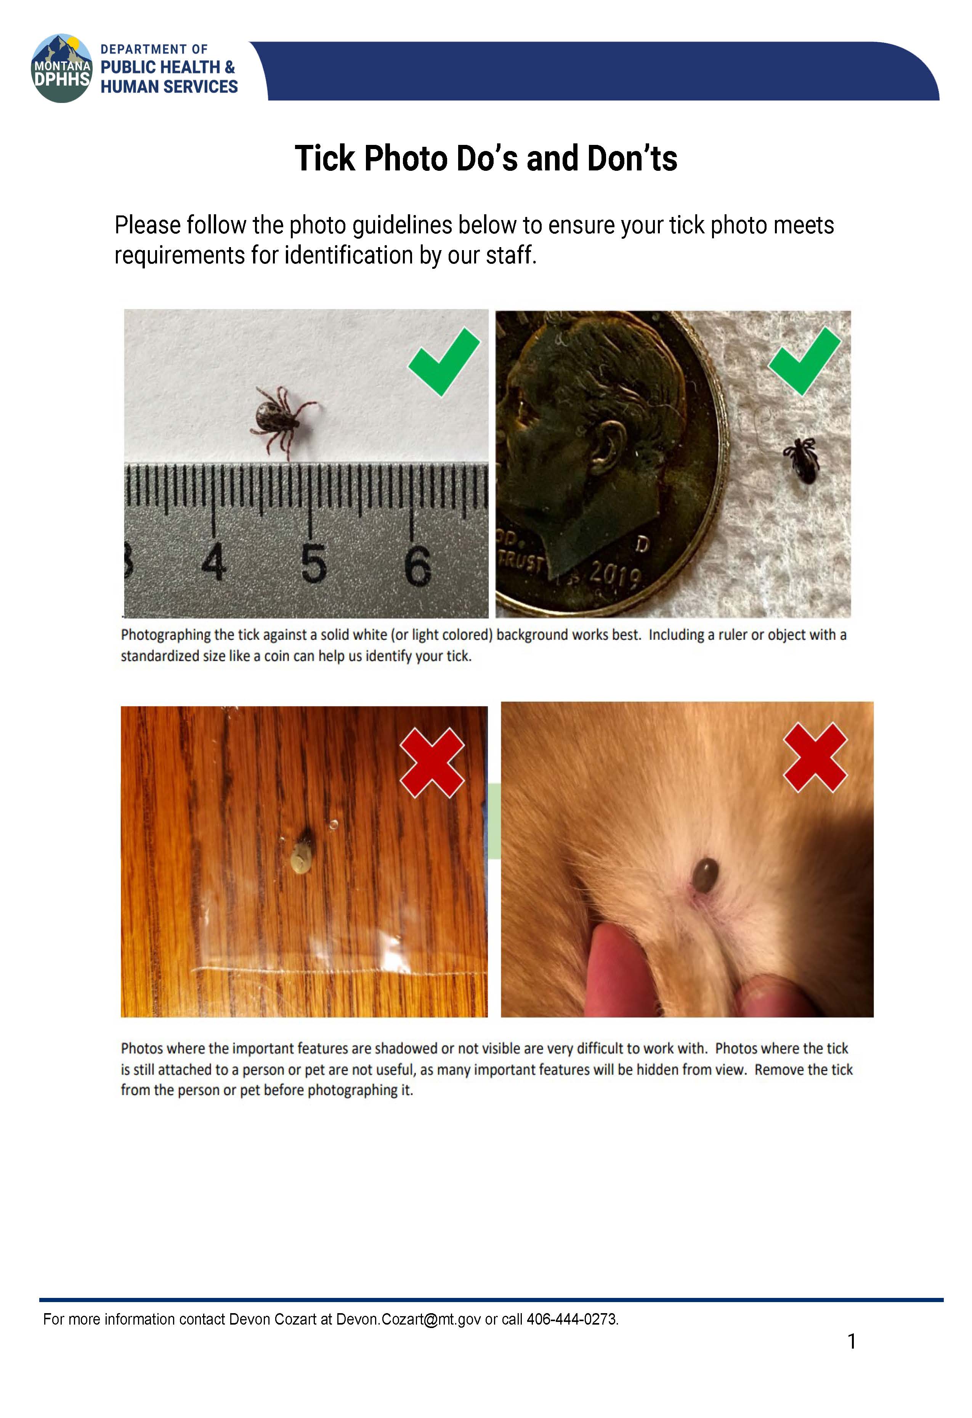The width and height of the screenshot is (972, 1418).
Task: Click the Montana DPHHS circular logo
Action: (62, 68)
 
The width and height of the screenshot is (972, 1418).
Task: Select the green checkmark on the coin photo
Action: (804, 361)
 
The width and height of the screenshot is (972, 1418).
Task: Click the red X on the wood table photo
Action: (432, 762)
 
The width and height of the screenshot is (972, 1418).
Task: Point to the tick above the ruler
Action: (282, 419)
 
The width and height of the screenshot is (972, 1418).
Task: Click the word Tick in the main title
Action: (325, 159)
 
